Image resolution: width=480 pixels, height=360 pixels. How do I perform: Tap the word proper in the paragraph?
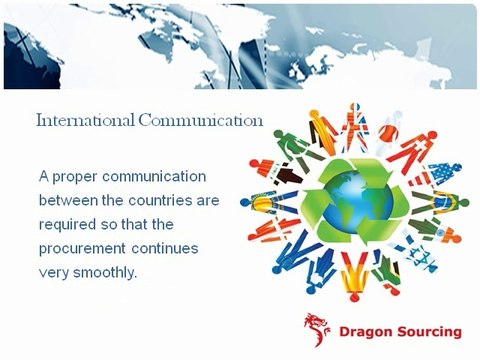pos(81,176)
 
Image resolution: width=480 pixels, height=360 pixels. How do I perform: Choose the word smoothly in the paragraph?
pos(113,272)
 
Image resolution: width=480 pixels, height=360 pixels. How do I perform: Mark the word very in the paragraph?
pos(56,272)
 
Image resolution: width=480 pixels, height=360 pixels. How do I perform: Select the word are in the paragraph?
pos(208,200)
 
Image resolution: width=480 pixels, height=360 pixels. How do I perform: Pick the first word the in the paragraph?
pos(118,200)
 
